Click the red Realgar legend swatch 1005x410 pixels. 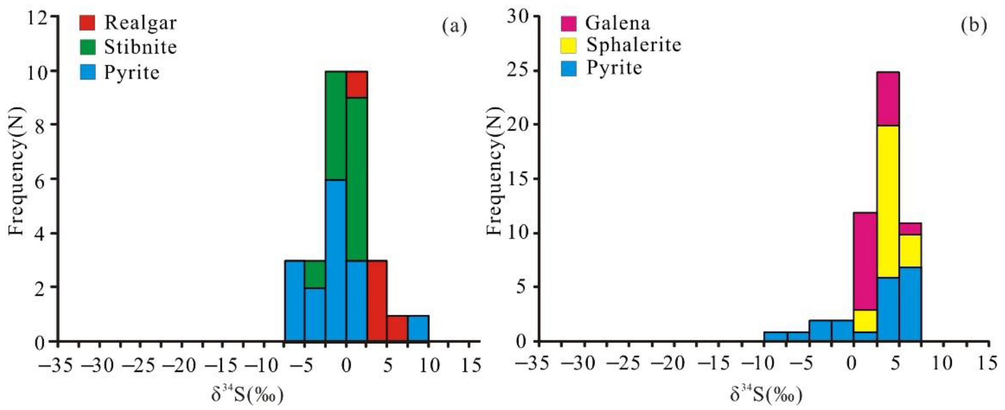87,23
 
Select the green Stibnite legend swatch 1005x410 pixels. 87,47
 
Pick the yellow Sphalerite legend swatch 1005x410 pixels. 568,45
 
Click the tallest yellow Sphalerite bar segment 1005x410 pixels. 888,201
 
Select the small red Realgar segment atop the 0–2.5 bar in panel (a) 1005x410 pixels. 357,84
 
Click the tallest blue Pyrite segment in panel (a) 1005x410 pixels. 336,260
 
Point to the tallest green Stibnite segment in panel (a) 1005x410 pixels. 357,179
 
